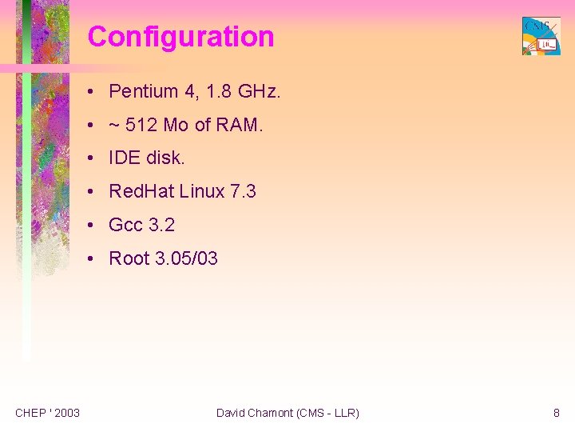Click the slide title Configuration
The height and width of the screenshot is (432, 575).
(180, 37)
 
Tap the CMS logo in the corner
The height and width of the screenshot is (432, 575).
(541, 36)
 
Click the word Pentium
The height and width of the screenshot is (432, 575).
(143, 91)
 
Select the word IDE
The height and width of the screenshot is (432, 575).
(125, 158)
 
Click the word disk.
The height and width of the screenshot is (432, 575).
(165, 158)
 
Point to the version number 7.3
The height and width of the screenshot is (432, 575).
(242, 192)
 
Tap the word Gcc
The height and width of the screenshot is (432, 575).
(125, 226)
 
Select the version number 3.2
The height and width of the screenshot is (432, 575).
(161, 226)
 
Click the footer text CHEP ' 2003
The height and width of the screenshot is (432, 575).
(47, 413)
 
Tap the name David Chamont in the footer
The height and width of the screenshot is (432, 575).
(254, 413)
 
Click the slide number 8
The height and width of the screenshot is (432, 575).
(556, 413)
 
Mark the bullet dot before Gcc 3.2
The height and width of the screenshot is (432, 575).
(93, 226)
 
